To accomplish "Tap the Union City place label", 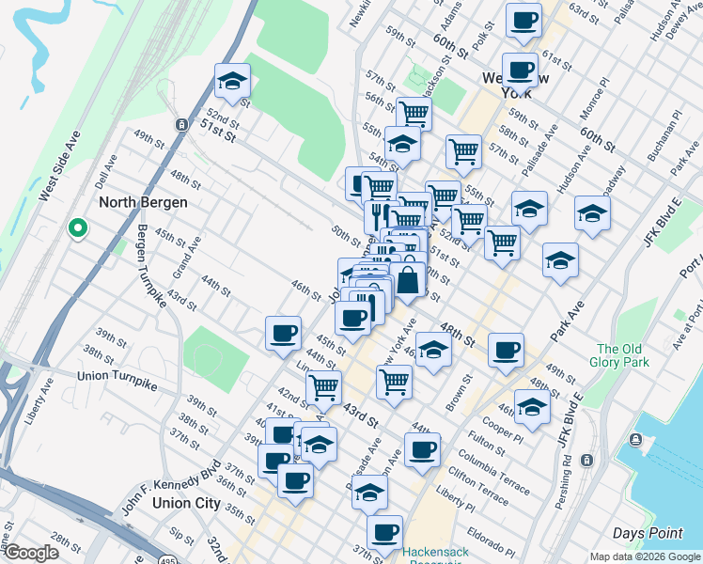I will tap(160, 503).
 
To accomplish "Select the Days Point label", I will tap(648, 533).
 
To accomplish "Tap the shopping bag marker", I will tap(410, 279).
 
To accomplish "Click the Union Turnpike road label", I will tap(118, 376).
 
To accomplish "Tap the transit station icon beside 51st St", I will tap(180, 124).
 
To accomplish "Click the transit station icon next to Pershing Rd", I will tap(588, 460).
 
